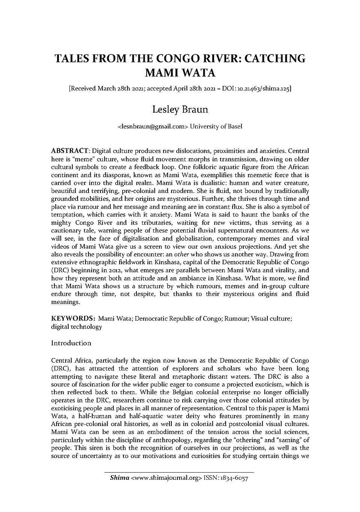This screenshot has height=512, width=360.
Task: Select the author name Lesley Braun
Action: coord(180,110)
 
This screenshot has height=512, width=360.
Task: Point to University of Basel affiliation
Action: coord(216,126)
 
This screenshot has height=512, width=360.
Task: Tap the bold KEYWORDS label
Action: coord(72,318)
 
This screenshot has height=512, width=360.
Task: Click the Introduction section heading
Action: coord(71,343)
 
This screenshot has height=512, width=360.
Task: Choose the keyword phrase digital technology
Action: coord(76,327)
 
